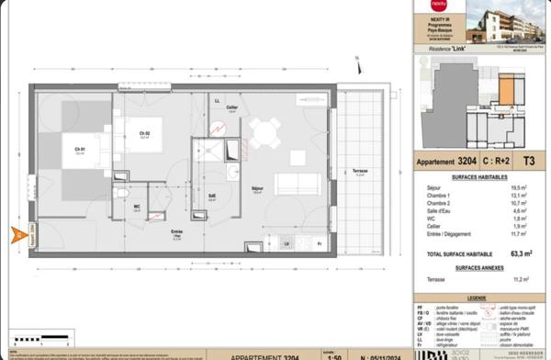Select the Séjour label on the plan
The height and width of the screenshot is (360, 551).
tap(257, 190)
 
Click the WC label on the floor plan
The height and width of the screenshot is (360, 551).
tap(137, 206)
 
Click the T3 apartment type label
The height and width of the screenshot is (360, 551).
tap(528, 160)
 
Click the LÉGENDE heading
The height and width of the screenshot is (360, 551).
tap(477, 298)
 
